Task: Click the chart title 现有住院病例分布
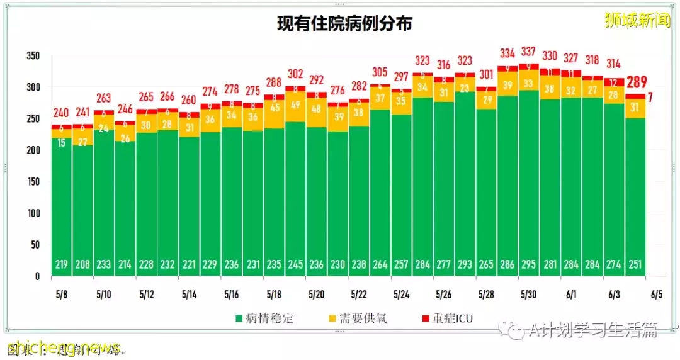point(345,24)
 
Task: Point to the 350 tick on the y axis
point(33,56)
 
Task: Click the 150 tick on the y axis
point(33,182)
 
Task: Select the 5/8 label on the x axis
point(61,294)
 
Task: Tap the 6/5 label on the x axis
point(656,294)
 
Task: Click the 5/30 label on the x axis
point(528,294)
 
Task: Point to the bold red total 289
point(636,82)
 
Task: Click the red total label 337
point(528,51)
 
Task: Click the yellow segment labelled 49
point(295,104)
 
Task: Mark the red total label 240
point(61,114)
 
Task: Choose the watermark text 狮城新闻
point(633,21)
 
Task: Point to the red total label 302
point(295,74)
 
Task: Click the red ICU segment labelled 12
point(613,82)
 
